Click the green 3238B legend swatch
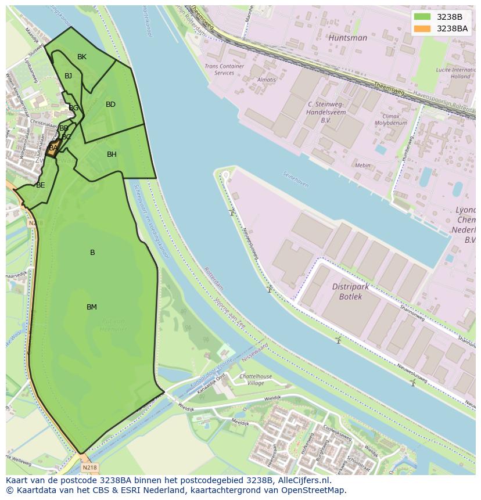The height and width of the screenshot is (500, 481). (x=422, y=17)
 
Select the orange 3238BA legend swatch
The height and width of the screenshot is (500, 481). (x=422, y=28)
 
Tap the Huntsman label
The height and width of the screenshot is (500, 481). (x=347, y=38)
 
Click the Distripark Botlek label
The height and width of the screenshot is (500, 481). (x=355, y=292)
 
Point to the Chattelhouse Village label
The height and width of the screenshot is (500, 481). (x=256, y=380)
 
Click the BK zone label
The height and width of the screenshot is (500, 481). (x=82, y=57)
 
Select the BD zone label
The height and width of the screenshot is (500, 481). (x=110, y=105)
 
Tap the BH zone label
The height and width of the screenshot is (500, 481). (x=112, y=154)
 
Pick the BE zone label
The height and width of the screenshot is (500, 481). (x=40, y=186)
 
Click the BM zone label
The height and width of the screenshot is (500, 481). (x=92, y=307)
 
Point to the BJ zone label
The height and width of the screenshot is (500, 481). (x=69, y=76)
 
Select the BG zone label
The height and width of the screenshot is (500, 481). (x=74, y=108)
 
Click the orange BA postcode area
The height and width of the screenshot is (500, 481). (x=53, y=148)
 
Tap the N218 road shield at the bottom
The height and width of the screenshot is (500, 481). (x=89, y=467)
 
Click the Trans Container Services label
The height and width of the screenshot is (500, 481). (x=224, y=70)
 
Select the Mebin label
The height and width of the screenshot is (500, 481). (x=362, y=166)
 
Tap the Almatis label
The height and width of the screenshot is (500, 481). (x=267, y=80)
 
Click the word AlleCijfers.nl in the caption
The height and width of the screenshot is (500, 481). (x=303, y=481)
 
